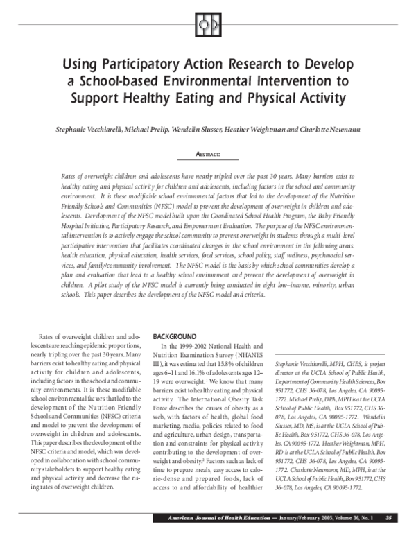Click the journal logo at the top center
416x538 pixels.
pyautogui.click(x=208, y=24)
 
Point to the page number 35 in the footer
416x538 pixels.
pyautogui.click(x=389, y=517)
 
